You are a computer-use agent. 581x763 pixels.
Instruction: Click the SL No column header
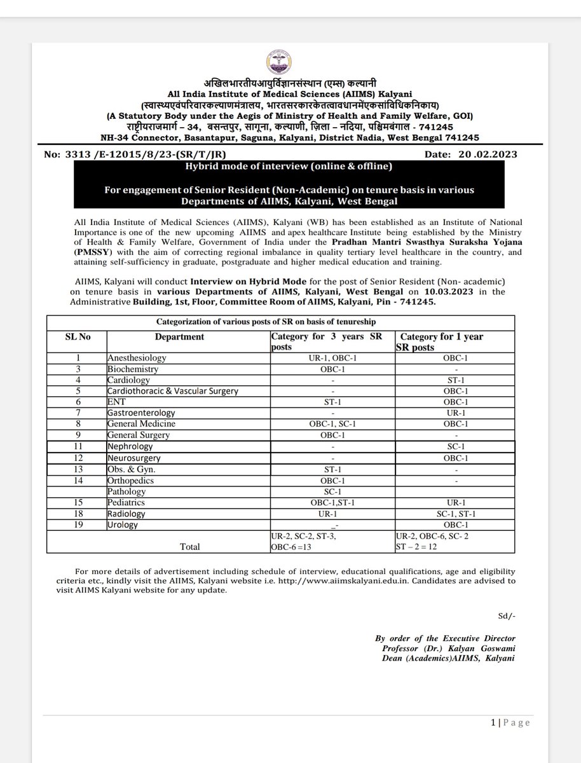click(78, 337)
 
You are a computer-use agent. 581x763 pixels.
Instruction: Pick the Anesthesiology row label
click(137, 359)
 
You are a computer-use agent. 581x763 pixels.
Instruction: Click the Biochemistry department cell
click(133, 369)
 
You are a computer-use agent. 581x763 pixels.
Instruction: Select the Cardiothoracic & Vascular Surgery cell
click(173, 391)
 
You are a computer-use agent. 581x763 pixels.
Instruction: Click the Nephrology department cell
click(131, 447)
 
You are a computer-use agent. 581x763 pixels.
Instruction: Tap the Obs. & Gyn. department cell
click(132, 469)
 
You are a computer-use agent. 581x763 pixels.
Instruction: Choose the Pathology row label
click(127, 491)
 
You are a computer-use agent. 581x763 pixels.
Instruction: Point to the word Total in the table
click(189, 546)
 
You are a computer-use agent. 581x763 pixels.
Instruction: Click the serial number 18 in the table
click(78, 514)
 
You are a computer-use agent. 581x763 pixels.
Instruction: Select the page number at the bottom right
click(511, 722)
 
